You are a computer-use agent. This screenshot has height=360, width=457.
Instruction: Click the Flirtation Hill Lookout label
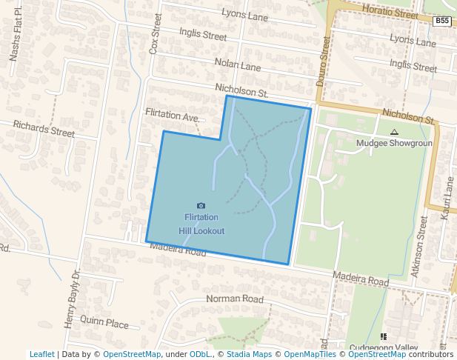click(x=201, y=224)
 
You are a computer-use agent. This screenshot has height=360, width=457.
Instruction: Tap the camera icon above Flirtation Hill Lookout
click(x=201, y=205)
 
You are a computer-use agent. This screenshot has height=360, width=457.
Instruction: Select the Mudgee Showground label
click(x=393, y=143)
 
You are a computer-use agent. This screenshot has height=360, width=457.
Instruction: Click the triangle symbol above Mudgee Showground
click(x=394, y=132)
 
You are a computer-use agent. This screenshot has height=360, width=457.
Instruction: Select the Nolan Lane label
click(x=237, y=66)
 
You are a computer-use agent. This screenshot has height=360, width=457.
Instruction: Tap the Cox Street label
click(x=156, y=33)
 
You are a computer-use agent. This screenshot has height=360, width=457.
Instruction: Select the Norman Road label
click(x=234, y=299)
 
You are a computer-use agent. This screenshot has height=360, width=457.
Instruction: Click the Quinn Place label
click(x=104, y=323)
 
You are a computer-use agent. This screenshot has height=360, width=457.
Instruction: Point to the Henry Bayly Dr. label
click(x=71, y=299)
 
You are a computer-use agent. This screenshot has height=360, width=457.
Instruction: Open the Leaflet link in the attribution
click(x=41, y=354)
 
